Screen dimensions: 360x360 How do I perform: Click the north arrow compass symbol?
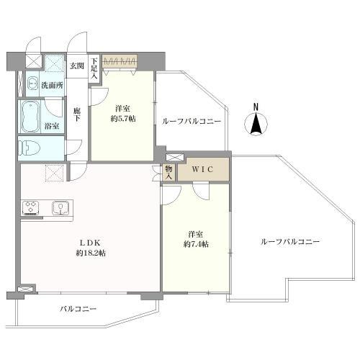tap(256, 125)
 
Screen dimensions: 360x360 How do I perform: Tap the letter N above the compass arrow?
tap(256, 108)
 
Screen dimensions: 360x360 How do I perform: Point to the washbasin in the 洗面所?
tap(32, 85)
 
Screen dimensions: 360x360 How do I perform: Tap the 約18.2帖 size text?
tap(91, 253)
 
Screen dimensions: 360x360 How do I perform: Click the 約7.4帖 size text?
tap(194, 245)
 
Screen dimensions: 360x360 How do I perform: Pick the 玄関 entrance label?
tap(76, 66)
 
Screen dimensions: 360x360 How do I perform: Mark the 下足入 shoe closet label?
tap(94, 70)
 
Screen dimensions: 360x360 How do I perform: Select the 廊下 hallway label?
tap(77, 115)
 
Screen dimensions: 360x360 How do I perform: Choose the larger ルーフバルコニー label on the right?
tap(290, 242)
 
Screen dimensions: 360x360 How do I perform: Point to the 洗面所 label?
tap(52, 86)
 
